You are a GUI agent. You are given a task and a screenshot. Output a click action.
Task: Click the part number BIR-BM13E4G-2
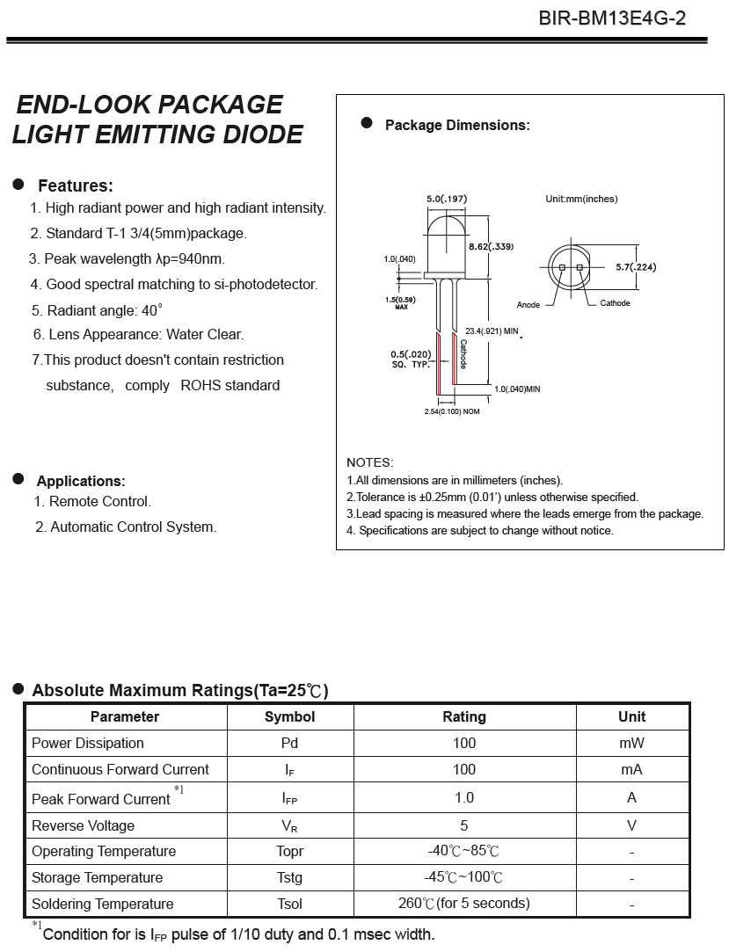(612, 18)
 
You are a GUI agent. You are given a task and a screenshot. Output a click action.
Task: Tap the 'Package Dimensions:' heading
(457, 126)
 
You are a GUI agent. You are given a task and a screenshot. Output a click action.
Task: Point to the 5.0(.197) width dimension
(447, 200)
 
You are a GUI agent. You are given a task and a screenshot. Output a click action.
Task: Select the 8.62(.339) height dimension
(491, 246)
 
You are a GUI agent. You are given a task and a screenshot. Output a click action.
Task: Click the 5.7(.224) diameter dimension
(635, 267)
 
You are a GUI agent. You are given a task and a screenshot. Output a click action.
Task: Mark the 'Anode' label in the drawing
(529, 305)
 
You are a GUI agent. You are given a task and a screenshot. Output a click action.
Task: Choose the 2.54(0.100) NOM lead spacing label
(452, 411)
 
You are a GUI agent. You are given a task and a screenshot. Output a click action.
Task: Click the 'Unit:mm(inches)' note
(581, 199)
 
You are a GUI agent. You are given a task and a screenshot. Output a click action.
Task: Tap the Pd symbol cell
(289, 743)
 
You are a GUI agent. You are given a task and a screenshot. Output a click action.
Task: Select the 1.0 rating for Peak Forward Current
(464, 797)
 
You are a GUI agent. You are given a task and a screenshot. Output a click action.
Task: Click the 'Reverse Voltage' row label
(84, 825)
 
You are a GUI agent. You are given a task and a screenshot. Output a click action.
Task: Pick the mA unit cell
(631, 769)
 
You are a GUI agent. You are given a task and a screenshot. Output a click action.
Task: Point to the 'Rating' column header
(464, 716)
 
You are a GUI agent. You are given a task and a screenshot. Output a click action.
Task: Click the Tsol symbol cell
(289, 904)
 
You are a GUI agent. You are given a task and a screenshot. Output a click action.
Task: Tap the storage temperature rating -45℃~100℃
(463, 877)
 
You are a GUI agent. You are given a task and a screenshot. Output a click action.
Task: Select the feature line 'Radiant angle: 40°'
(98, 310)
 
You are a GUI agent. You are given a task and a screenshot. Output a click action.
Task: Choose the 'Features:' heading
(75, 185)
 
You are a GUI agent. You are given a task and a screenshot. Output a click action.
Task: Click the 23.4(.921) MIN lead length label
(492, 331)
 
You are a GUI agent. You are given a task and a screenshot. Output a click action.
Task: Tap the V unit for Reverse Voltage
(631, 825)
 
